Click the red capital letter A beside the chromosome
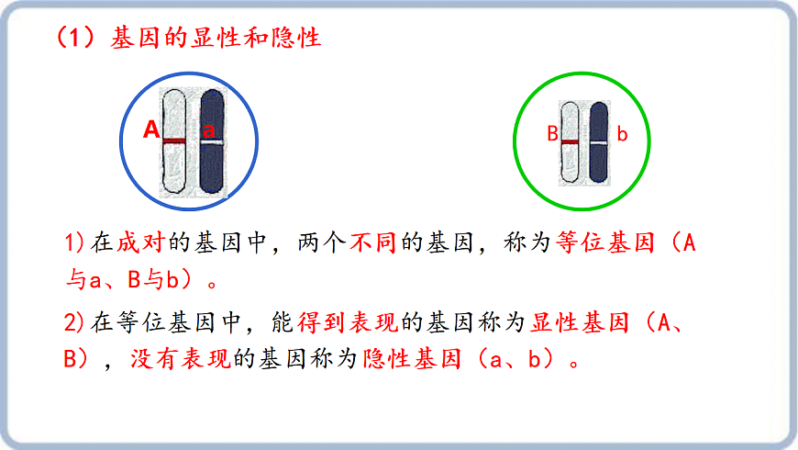[152, 130]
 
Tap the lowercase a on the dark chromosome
[209, 130]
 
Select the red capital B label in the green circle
[552, 134]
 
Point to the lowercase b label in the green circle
[622, 135]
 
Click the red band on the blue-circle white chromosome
[174, 141]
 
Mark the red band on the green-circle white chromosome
[570, 142]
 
